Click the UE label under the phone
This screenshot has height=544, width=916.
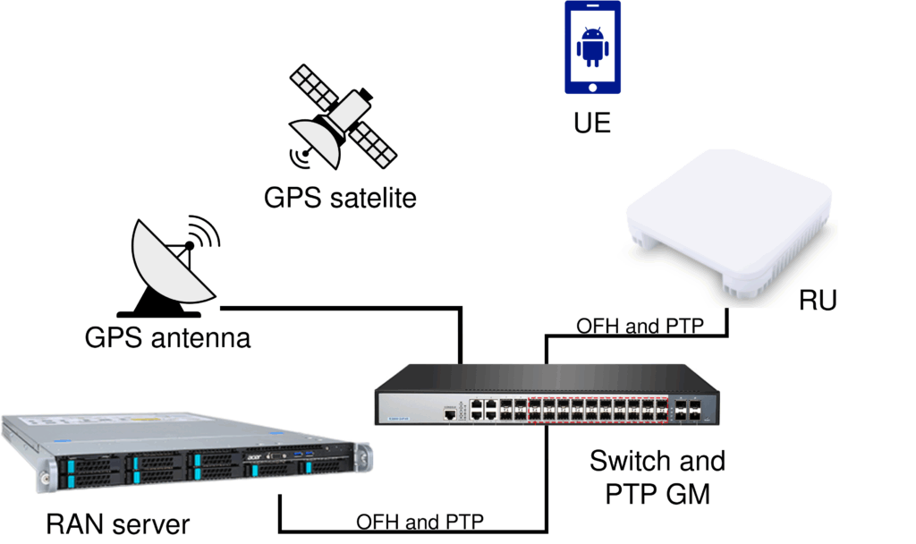click(592, 122)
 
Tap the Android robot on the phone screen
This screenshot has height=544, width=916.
click(591, 47)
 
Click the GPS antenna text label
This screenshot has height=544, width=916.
click(167, 337)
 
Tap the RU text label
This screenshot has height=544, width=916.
click(817, 300)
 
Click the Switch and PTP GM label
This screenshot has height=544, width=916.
click(657, 476)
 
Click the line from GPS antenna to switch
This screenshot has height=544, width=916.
click(340, 310)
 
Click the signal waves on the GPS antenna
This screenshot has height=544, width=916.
click(206, 231)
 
